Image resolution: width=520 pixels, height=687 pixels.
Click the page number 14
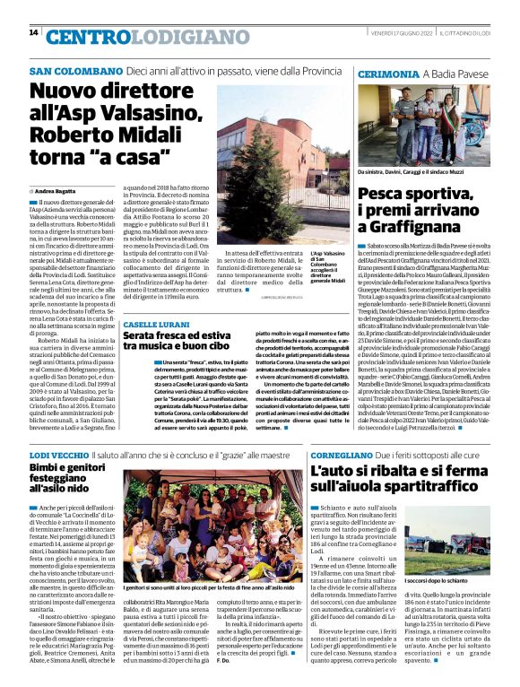[33, 33]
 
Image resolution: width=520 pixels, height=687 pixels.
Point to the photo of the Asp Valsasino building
[261, 160]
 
